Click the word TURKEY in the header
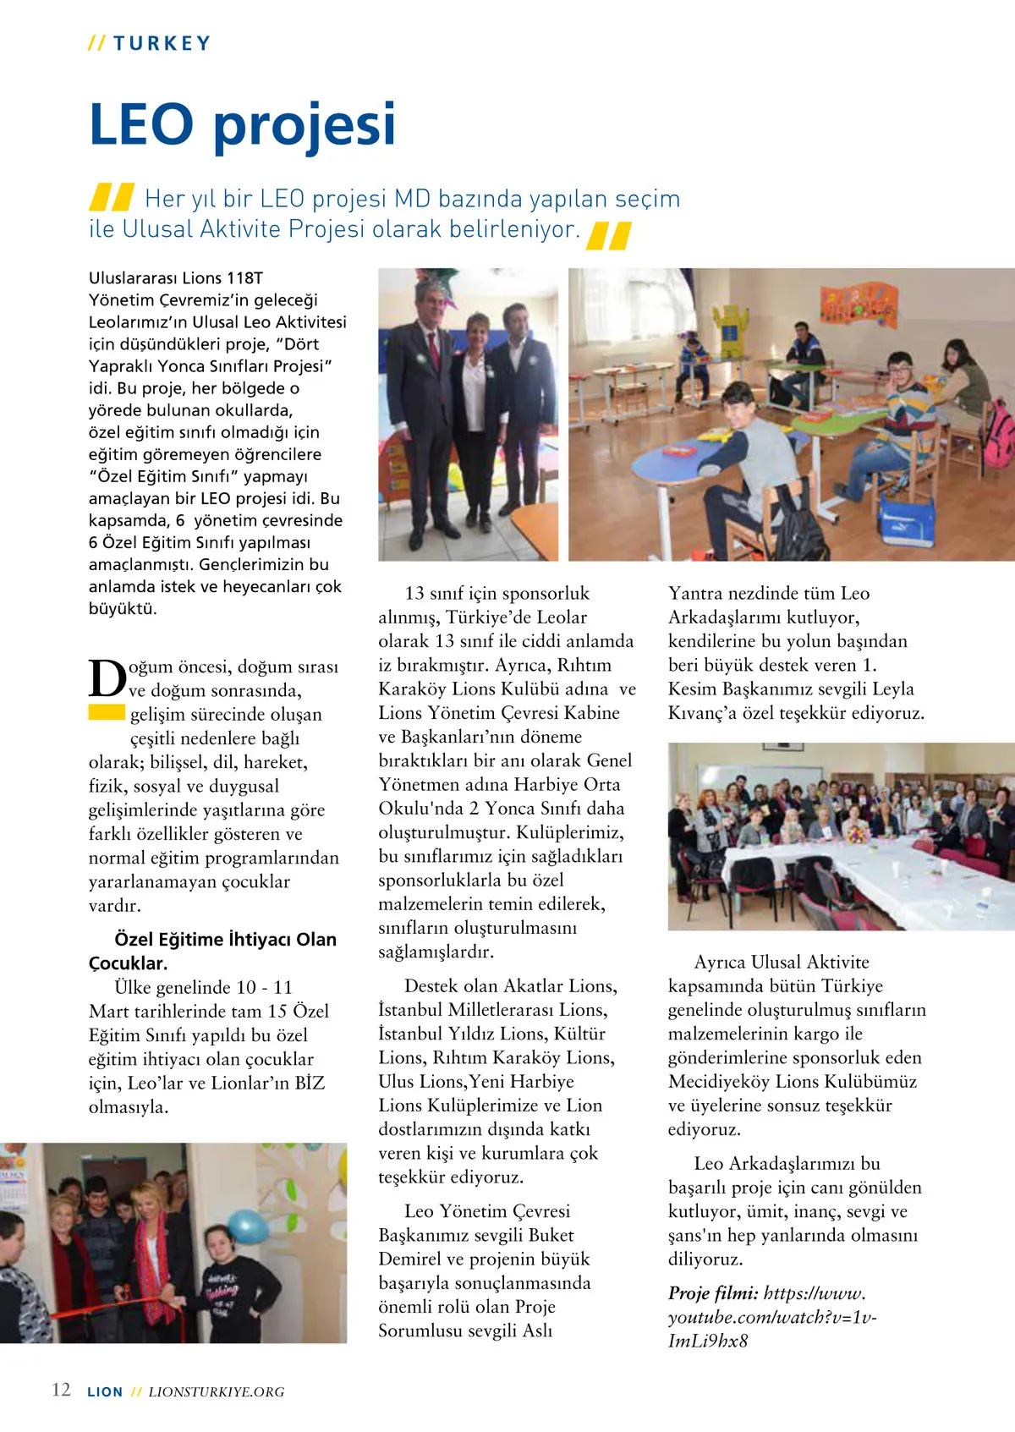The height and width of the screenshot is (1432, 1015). tap(162, 43)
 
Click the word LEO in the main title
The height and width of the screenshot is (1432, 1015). tap(141, 123)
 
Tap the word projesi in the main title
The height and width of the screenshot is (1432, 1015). tap(304, 125)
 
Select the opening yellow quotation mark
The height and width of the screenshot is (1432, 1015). tap(112, 197)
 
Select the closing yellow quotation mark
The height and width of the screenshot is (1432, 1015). tap(609, 235)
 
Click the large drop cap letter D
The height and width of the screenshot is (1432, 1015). tap(107, 678)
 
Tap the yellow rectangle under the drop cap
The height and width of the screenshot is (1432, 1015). tap(107, 712)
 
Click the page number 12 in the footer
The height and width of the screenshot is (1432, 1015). tap(61, 1390)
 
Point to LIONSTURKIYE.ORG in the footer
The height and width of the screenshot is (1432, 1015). tap(217, 1391)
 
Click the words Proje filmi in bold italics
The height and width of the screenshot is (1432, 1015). tap(712, 1293)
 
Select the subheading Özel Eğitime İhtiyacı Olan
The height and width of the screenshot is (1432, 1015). tap(225, 940)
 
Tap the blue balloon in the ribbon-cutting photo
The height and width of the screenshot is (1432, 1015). tap(249, 1226)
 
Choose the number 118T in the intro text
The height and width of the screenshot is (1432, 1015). tap(244, 278)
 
